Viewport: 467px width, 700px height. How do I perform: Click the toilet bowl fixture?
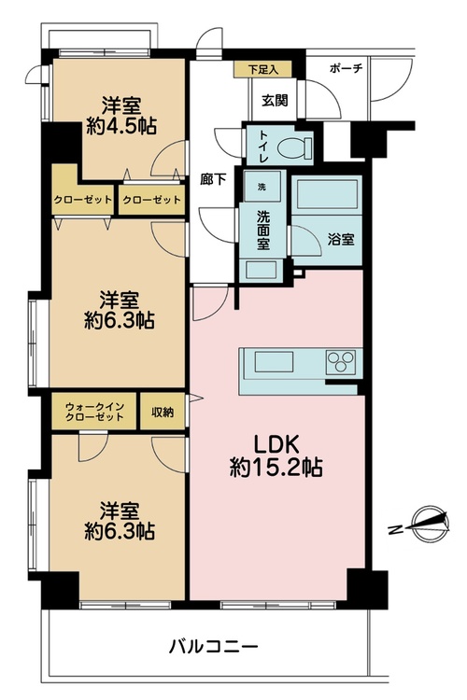[294, 147]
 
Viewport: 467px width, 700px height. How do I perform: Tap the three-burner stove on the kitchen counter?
[341, 361]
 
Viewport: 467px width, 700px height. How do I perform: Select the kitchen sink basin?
[274, 361]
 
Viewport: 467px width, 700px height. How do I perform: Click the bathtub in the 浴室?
[328, 194]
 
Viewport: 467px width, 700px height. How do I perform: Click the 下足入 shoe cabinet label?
[263, 70]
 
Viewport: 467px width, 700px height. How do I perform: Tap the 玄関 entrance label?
[275, 101]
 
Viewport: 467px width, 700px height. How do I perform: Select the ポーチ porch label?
[346, 68]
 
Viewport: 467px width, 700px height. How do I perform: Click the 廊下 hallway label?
[213, 179]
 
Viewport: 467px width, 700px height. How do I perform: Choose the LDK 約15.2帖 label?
[276, 456]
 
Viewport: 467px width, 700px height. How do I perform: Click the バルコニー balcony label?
[214, 647]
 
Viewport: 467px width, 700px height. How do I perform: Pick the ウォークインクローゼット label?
[94, 412]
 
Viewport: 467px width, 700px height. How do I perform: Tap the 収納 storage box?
[163, 412]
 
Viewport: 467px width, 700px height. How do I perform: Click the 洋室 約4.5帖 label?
[121, 116]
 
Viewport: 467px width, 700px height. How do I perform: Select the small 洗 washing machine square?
[262, 187]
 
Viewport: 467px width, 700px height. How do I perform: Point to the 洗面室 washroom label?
[262, 230]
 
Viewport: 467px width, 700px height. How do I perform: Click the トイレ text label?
[263, 147]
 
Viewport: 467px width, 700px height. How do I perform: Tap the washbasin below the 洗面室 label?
[262, 271]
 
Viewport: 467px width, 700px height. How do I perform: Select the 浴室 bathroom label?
[341, 239]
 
